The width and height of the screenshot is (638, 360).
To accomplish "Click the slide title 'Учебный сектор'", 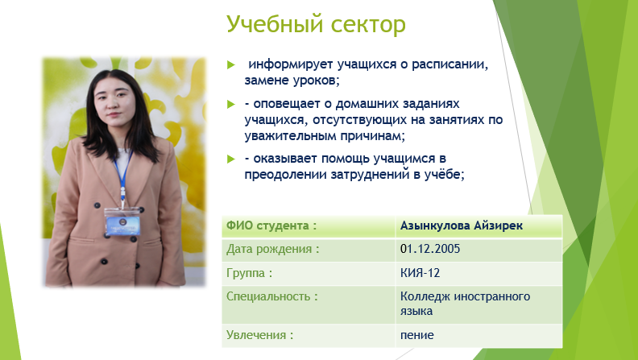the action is point(316,24).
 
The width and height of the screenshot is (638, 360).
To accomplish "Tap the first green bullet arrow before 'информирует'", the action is point(231,64).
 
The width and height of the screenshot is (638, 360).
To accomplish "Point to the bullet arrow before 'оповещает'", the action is point(231,104).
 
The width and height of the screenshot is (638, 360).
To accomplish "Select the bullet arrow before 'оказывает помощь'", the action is point(231,159).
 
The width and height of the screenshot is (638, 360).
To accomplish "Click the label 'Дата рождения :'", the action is point(272,249).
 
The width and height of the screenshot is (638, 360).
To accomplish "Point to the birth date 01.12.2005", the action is point(430,249).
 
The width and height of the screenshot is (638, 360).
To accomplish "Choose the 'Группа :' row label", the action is point(249,273).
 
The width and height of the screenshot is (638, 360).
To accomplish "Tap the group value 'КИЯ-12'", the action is point(420,273).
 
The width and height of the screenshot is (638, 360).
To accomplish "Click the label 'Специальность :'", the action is point(271,296).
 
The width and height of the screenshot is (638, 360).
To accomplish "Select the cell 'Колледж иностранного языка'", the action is point(465,304).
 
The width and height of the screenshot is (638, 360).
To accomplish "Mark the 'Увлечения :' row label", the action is point(259,335).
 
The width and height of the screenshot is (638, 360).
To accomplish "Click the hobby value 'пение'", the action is point(417,336).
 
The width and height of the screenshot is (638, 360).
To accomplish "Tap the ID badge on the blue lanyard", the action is point(122,221).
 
